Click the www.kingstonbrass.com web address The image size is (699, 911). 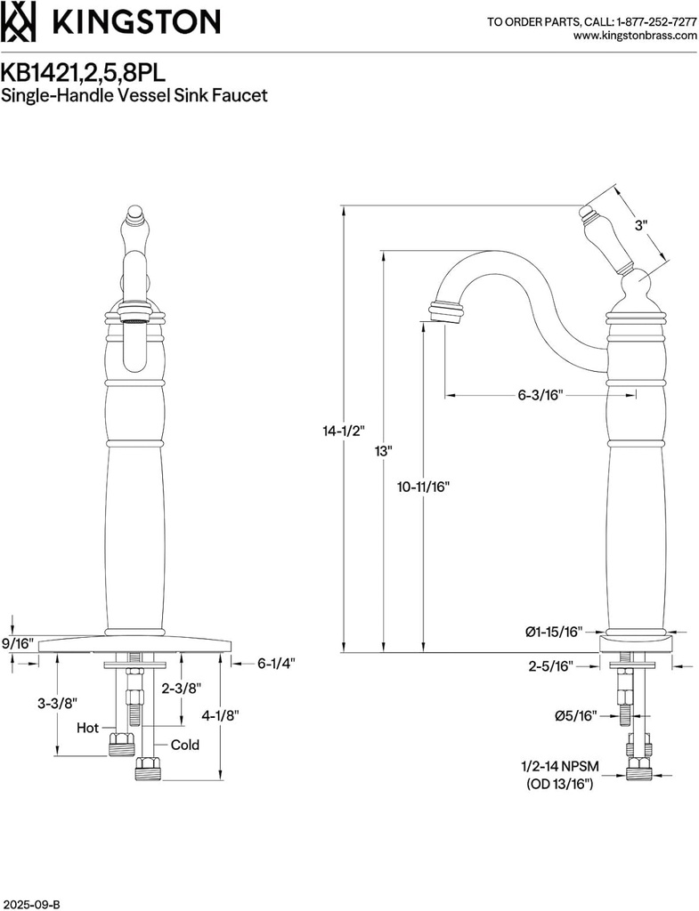(635, 36)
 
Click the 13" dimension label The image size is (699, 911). (383, 451)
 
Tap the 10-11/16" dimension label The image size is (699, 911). (424, 487)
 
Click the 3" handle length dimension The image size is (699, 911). (640, 226)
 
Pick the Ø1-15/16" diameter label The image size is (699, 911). (553, 632)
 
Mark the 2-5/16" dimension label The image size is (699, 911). (549, 665)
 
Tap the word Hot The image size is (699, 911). (87, 728)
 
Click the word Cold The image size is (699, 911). (185, 745)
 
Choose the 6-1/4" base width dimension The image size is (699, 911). (275, 663)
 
